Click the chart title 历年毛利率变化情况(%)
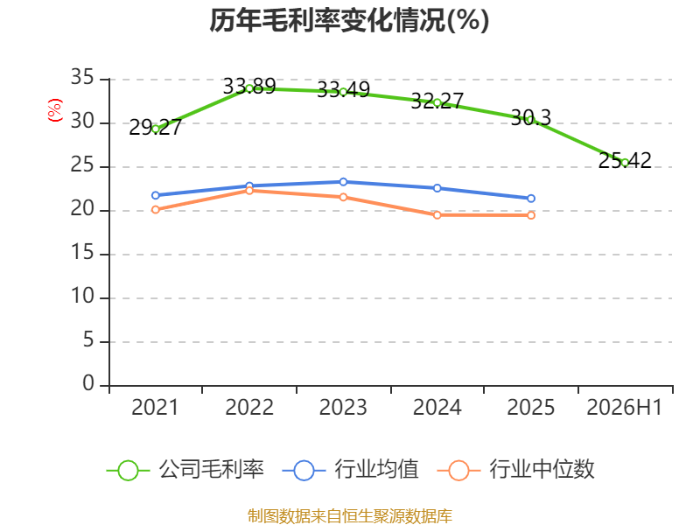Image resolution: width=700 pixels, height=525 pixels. pos(349,20)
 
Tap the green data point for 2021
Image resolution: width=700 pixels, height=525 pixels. pos(156,129)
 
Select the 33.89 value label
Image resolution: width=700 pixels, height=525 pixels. pos(249,86)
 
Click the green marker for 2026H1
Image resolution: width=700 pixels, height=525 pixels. pos(625,163)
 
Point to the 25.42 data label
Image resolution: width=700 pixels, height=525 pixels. pos(625,161)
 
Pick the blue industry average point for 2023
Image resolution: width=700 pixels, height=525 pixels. pos(343,182)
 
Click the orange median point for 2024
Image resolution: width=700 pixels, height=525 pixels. pos(437,215)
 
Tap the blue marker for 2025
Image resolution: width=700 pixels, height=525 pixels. pos(531,199)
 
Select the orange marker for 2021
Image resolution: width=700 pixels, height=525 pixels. pos(156,209)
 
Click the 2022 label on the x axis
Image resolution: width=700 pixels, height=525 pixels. pos(249,407)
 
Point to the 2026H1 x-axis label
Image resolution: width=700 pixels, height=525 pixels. pos(625,407)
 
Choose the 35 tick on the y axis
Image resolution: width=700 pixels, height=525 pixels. pos(82,78)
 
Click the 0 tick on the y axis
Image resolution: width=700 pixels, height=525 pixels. pos(88,384)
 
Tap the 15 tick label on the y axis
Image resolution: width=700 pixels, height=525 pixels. pos(82,253)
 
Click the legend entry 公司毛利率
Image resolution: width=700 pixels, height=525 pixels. pos(185,470)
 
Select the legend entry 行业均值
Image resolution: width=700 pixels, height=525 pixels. pos(351,470)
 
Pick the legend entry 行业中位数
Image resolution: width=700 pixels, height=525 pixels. pos(516,470)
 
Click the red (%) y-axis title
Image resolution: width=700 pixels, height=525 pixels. pos(55,110)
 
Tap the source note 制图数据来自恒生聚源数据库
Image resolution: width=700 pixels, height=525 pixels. pos(350,516)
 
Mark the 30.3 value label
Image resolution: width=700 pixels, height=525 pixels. pos(531,118)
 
